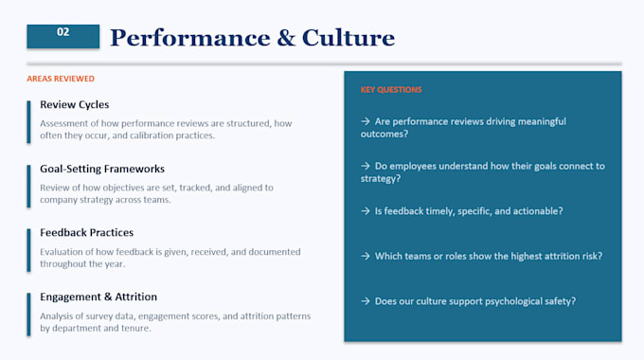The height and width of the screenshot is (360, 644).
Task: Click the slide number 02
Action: click(x=63, y=32)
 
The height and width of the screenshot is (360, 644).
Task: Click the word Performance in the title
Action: click(x=190, y=38)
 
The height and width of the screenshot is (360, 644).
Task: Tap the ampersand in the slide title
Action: click(x=286, y=38)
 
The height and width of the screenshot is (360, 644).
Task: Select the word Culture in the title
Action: click(x=349, y=38)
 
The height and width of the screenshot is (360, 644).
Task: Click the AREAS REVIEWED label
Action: click(x=61, y=79)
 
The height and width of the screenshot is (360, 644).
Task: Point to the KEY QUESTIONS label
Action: click(x=391, y=90)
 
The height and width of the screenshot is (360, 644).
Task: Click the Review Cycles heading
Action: click(x=74, y=104)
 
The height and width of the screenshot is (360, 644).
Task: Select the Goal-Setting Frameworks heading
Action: click(x=102, y=169)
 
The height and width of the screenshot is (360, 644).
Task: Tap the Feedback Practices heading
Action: click(x=87, y=233)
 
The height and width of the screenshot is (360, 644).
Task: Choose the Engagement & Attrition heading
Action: click(x=98, y=297)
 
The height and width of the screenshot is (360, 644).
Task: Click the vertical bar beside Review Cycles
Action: click(x=28, y=122)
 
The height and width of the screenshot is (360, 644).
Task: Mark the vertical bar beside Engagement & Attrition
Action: click(x=28, y=315)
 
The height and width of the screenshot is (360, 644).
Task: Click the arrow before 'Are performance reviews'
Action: click(x=366, y=121)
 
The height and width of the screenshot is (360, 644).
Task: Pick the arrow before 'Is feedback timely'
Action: click(x=366, y=211)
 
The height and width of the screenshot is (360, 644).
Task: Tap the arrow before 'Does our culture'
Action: click(x=366, y=301)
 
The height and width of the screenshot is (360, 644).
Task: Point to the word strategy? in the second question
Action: click(x=381, y=179)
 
